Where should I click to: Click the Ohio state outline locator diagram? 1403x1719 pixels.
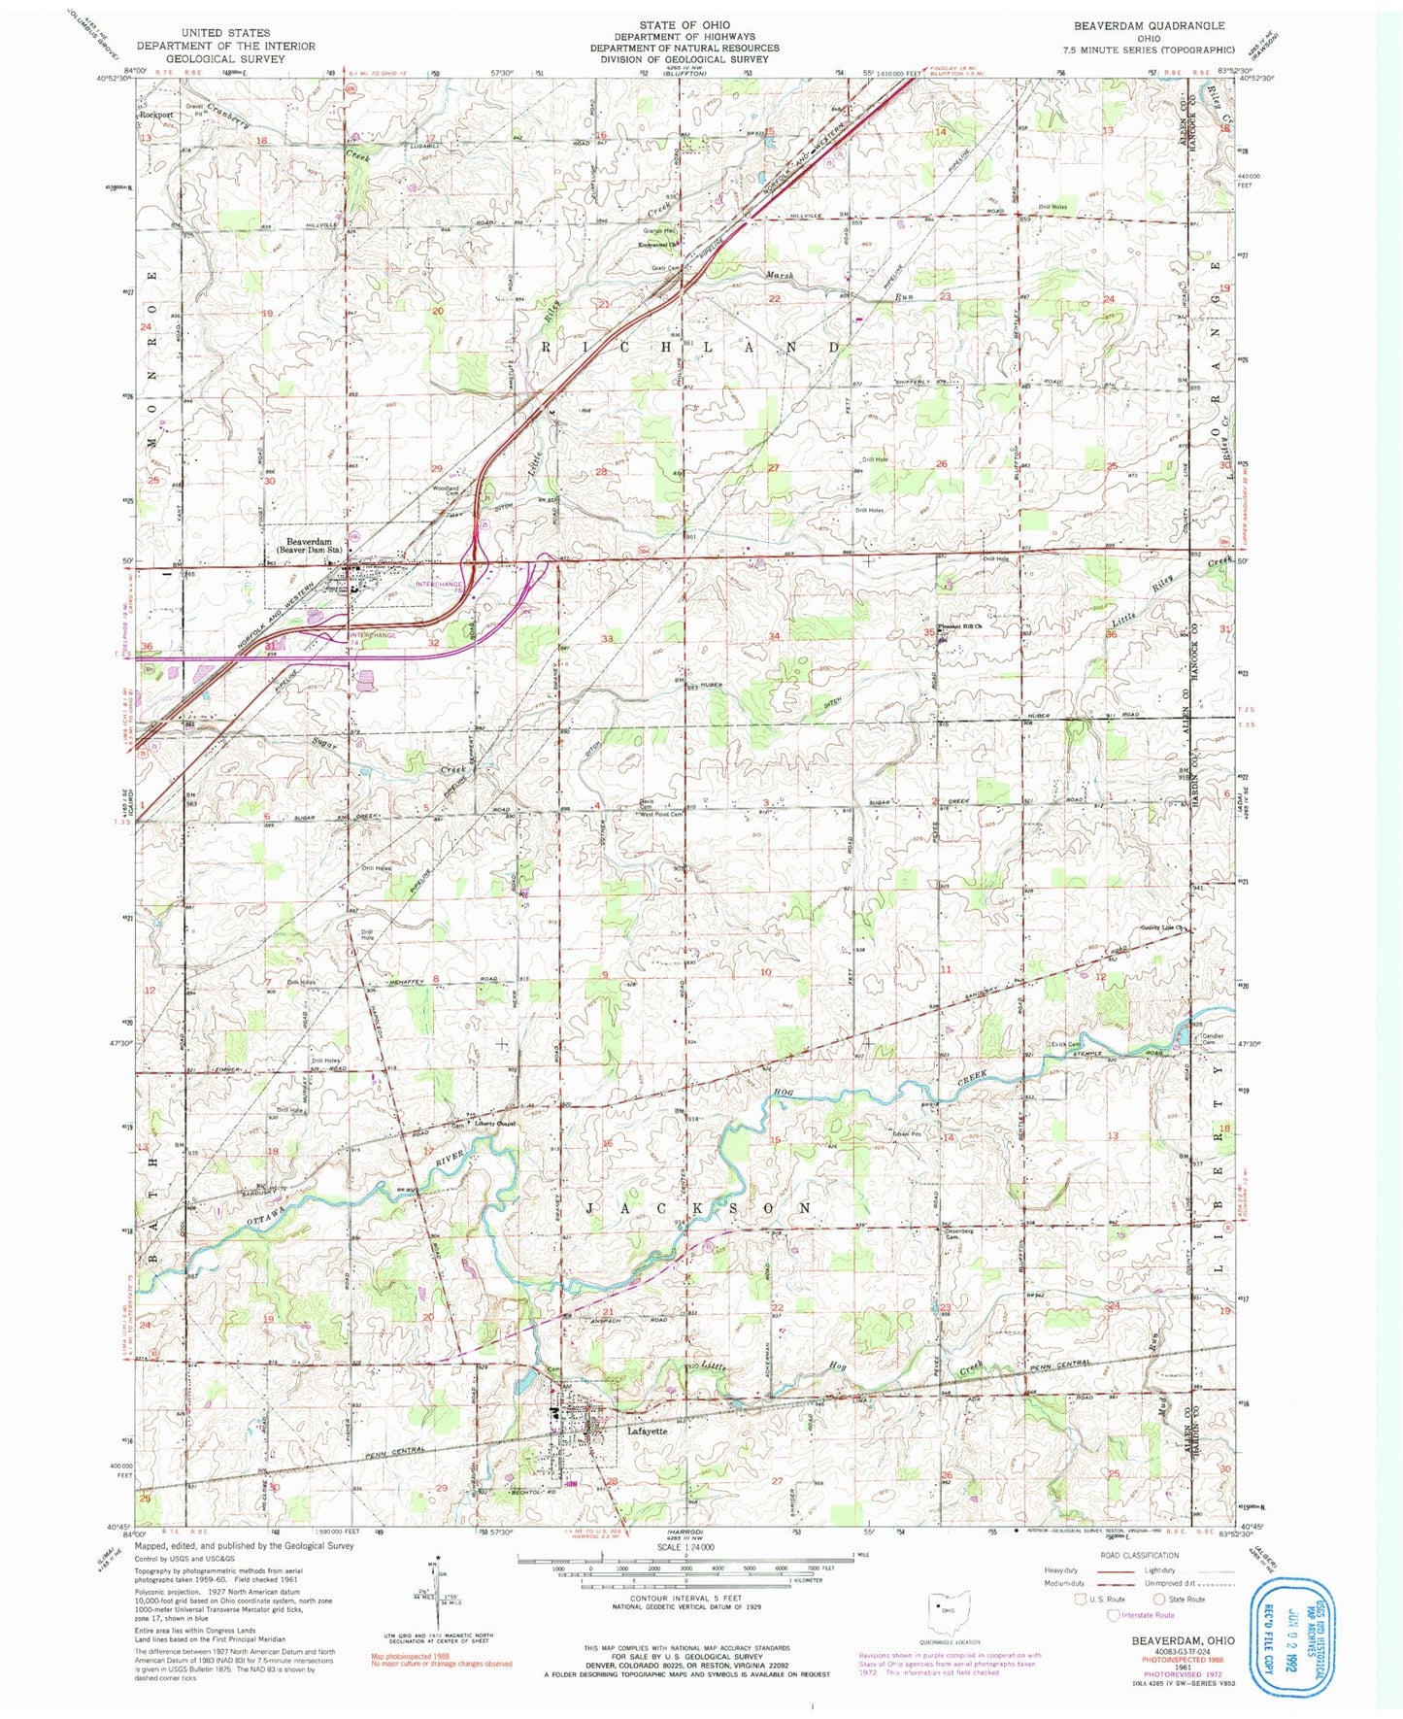click(942, 1604)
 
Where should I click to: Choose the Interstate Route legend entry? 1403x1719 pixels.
click(1145, 1615)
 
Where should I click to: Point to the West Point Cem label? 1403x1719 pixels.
click(660, 814)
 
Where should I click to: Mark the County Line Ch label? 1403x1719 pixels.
click(1161, 927)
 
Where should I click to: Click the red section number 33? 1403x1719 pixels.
click(608, 638)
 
